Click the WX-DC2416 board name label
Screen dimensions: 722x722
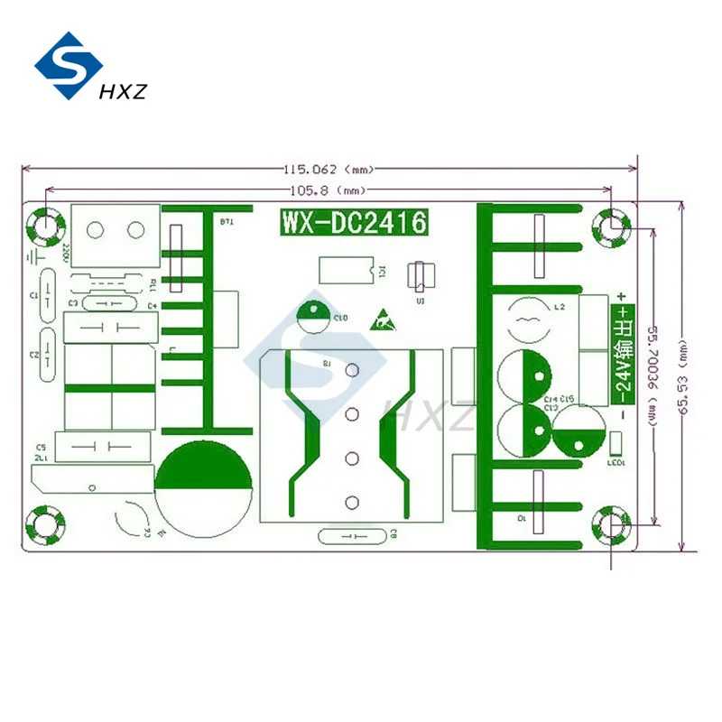point(353,222)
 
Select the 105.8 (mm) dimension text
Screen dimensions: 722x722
point(326,190)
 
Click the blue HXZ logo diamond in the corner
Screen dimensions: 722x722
point(69,67)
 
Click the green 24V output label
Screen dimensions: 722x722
point(622,352)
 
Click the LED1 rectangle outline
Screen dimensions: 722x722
point(617,444)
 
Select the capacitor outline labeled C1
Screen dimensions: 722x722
point(47,296)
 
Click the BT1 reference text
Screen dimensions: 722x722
point(226,221)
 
